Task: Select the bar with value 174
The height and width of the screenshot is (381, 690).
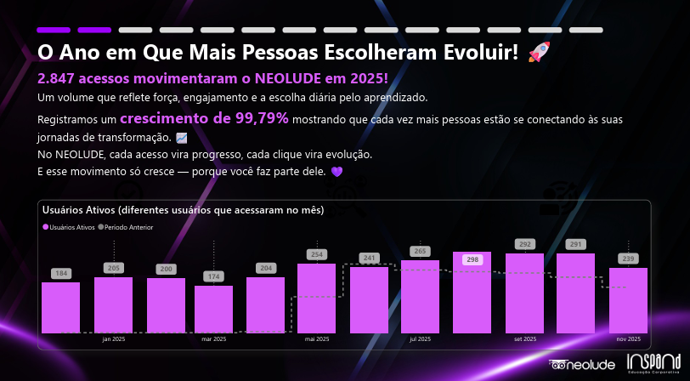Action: pyautogui.click(x=213, y=309)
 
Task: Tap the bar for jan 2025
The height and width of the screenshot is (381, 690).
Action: pyautogui.click(x=113, y=304)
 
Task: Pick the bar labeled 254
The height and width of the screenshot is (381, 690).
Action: pyautogui.click(x=316, y=298)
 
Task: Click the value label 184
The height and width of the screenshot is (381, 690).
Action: pyautogui.click(x=60, y=273)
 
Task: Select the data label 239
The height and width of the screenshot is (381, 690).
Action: pyautogui.click(x=629, y=259)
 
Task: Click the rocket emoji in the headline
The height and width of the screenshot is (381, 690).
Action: pyautogui.click(x=539, y=53)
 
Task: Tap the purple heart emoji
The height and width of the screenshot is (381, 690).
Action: pyautogui.click(x=336, y=171)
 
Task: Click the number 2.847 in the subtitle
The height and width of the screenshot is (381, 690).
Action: pyautogui.click(x=58, y=78)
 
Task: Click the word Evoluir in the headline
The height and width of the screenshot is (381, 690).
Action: pyautogui.click(x=477, y=53)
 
